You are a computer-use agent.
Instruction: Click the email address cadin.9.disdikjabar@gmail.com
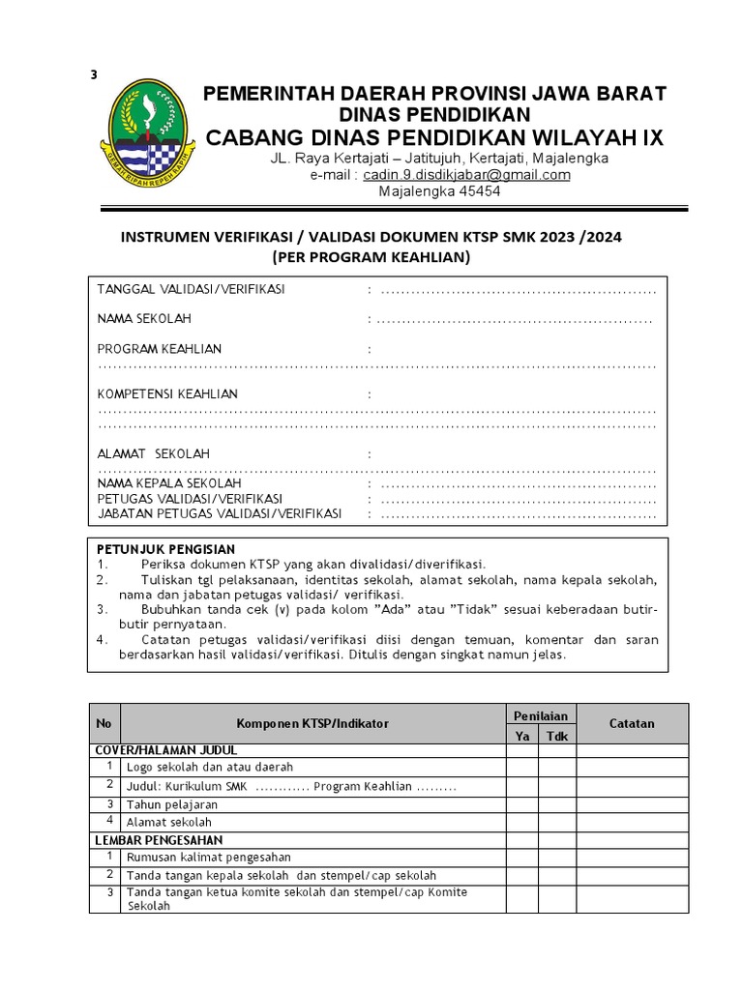coord(466,175)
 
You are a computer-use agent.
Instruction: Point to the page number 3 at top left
coord(94,76)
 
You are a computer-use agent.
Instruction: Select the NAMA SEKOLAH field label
coord(144,319)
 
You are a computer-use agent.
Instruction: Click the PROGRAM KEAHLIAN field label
coord(160,349)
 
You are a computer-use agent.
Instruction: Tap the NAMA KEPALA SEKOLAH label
coord(169,482)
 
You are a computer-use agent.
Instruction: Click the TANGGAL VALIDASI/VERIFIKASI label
coord(191,289)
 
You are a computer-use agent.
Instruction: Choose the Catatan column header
coord(632,723)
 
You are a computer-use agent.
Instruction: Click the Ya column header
coord(522,736)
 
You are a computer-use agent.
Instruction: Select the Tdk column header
coord(556,736)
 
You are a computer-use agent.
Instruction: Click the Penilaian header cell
coord(540,715)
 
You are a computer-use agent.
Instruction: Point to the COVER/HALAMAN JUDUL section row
coord(166,750)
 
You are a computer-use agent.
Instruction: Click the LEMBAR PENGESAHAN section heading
coord(159,840)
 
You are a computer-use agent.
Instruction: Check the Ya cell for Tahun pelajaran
coord(522,803)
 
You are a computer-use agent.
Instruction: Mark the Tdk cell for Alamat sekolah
coord(556,822)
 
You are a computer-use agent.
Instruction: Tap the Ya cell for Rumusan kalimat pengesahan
coord(522,858)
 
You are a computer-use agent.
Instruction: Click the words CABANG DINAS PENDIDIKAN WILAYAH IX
coord(433,137)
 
